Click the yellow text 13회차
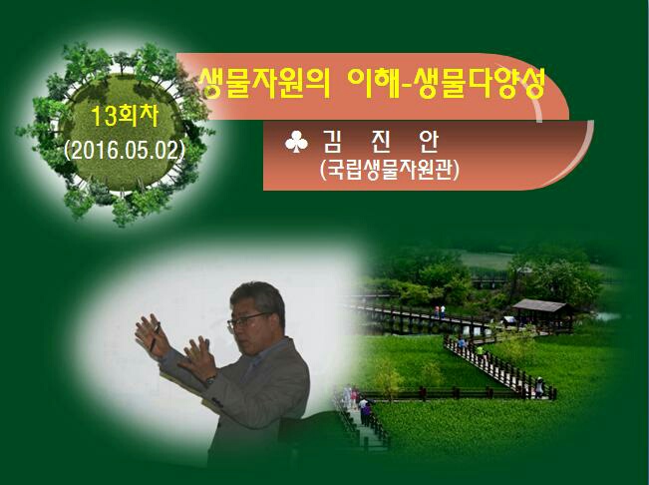click(x=125, y=117)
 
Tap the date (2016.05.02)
click(x=125, y=151)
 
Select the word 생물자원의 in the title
click(x=264, y=84)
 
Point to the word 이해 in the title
click(x=373, y=83)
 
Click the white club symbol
click(x=296, y=142)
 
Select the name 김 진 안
click(x=380, y=142)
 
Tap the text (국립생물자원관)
click(x=390, y=170)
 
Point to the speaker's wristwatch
click(x=211, y=379)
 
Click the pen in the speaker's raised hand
click(x=155, y=337)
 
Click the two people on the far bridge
click(x=440, y=311)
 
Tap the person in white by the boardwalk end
click(x=539, y=387)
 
